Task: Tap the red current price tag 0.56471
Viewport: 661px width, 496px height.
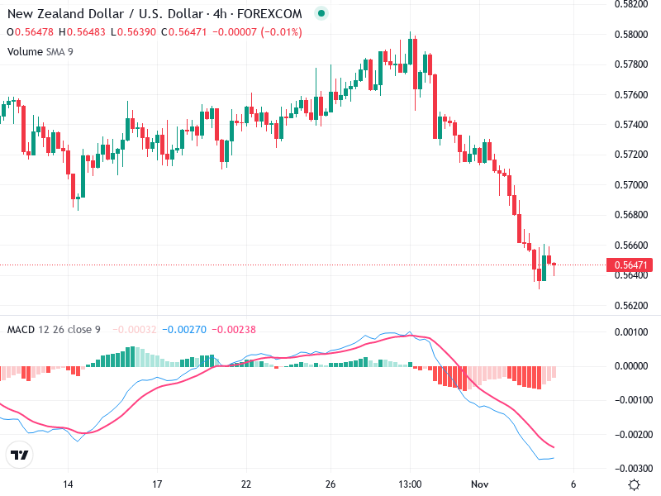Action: coord(630,265)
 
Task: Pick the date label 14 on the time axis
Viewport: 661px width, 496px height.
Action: coord(69,484)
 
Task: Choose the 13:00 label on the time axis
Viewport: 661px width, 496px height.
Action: coord(411,484)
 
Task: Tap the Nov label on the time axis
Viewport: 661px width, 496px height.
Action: coord(480,484)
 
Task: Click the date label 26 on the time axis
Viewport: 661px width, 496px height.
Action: coord(331,484)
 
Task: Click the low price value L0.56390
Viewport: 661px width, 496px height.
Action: coord(134,32)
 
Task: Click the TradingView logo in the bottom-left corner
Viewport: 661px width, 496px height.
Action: coord(19,455)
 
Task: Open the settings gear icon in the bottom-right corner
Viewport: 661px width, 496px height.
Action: coord(634,484)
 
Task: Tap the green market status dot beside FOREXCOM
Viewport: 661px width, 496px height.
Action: coord(321,14)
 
